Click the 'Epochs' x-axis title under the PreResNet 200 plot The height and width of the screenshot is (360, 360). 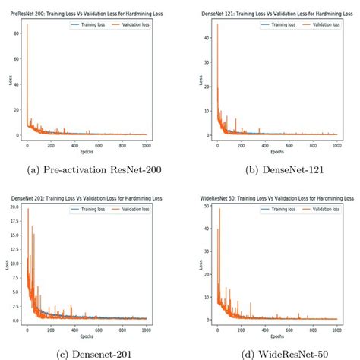(x=87, y=150)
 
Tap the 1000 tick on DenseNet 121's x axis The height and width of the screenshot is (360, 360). (x=336, y=142)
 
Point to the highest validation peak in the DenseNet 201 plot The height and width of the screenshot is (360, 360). (x=28, y=208)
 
